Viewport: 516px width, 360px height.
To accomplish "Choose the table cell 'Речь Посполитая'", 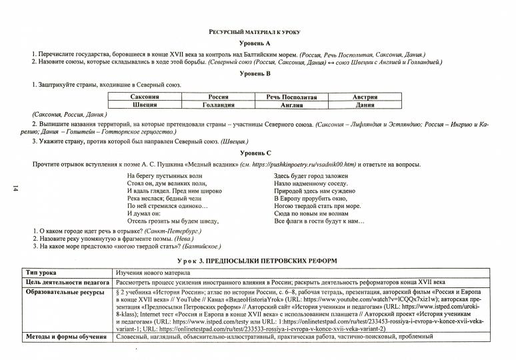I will (291, 97).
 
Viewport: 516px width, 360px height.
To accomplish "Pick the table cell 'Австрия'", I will (365, 97).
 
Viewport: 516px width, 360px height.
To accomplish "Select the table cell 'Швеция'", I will (145, 105).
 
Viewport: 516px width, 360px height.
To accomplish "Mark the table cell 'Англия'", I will (291, 105).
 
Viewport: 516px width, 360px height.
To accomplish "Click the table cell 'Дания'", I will (365, 105).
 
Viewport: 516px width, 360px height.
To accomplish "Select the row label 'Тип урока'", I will (41, 273).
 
